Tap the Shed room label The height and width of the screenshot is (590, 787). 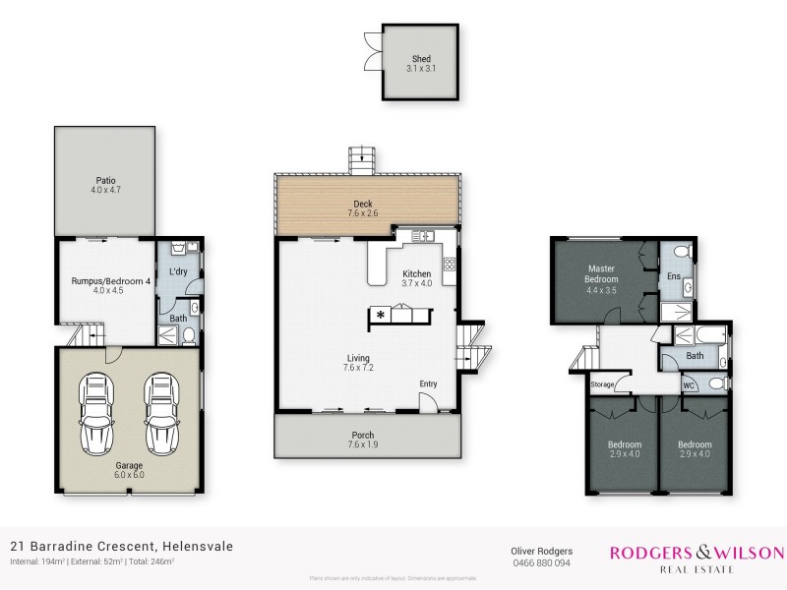[x=420, y=59]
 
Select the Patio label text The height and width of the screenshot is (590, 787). [x=106, y=180]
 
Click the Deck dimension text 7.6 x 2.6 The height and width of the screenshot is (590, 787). [x=368, y=212]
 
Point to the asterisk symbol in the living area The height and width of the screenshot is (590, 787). [x=380, y=316]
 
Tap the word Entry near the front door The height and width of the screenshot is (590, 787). [x=429, y=383]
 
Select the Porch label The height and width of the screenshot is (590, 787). [x=367, y=435]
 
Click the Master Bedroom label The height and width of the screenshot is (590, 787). [x=601, y=273]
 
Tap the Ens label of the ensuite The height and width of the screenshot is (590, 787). [x=674, y=277]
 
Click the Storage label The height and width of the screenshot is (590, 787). [x=602, y=384]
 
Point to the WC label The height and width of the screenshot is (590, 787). [x=689, y=385]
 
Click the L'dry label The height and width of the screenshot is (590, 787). [x=178, y=271]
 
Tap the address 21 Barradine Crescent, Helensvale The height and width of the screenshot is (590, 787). [x=122, y=546]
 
